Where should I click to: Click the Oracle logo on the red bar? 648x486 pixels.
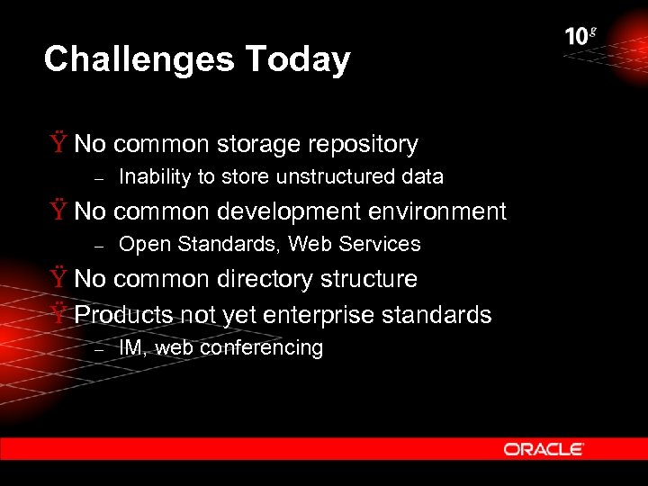(x=544, y=449)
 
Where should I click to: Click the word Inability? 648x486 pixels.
(x=155, y=177)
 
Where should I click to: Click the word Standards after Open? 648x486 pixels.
(x=229, y=244)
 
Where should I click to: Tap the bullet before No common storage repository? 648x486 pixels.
(x=58, y=144)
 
